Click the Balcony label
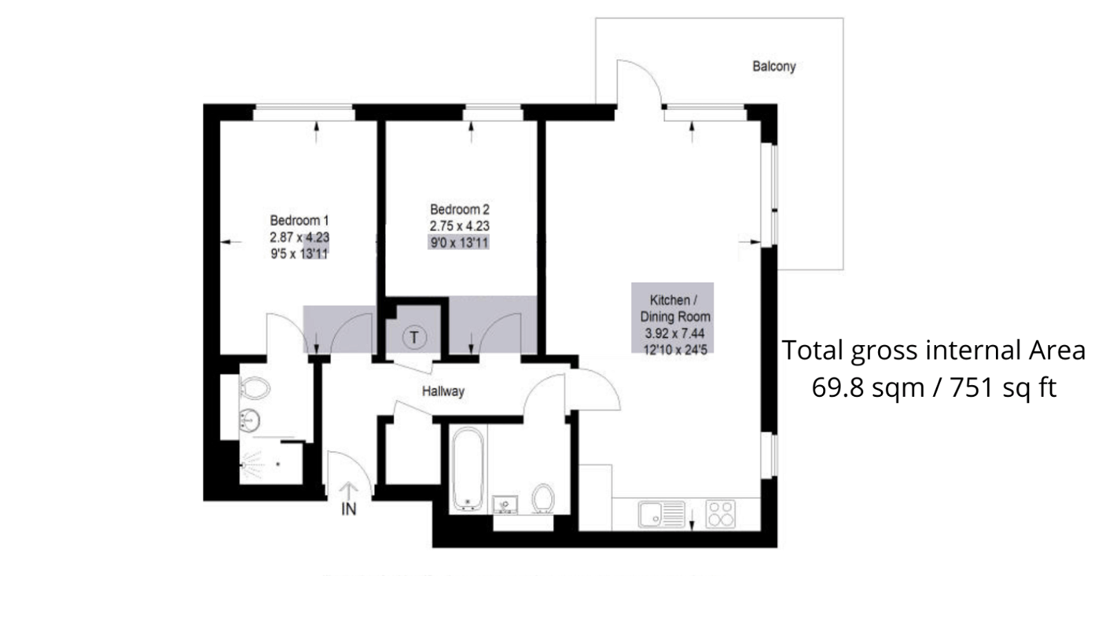[x=773, y=67]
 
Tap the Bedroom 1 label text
[x=299, y=220]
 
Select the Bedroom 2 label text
[x=459, y=209]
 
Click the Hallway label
[x=443, y=391]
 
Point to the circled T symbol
[x=414, y=338]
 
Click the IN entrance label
[x=349, y=510]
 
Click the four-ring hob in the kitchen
[x=721, y=514]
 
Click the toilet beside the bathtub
[x=543, y=497]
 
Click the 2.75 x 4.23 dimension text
[x=459, y=226]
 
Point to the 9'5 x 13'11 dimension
[x=299, y=254]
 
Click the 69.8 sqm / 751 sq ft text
[x=933, y=388]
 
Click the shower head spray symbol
[x=251, y=465]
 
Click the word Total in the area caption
[x=813, y=351]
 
